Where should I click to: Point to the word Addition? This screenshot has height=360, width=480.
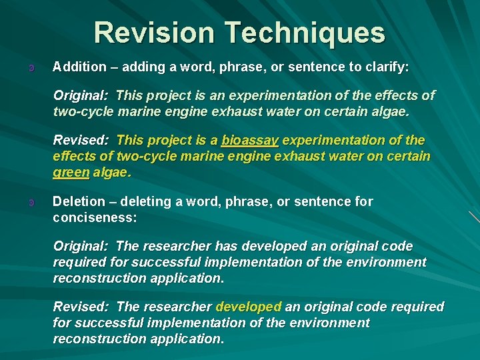click(79, 67)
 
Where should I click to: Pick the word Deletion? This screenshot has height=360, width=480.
click(79, 201)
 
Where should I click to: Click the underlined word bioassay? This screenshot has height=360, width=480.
click(250, 141)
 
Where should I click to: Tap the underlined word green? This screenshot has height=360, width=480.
click(71, 172)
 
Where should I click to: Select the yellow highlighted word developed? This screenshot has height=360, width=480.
click(249, 307)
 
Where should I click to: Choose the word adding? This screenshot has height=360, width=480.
click(141, 67)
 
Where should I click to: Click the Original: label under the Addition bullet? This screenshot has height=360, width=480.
click(81, 95)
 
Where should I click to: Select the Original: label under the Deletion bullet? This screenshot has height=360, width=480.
click(81, 246)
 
